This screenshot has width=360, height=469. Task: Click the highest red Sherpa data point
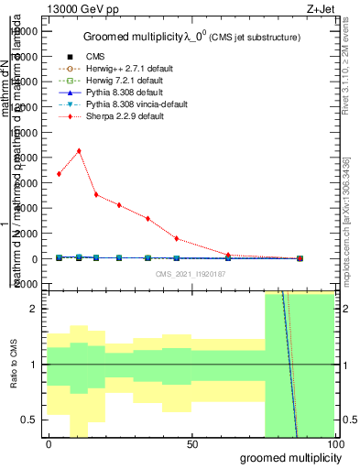[x=79, y=151]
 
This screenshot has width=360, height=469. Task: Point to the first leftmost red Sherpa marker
[x=59, y=174]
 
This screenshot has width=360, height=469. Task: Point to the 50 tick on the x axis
[x=191, y=443]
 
